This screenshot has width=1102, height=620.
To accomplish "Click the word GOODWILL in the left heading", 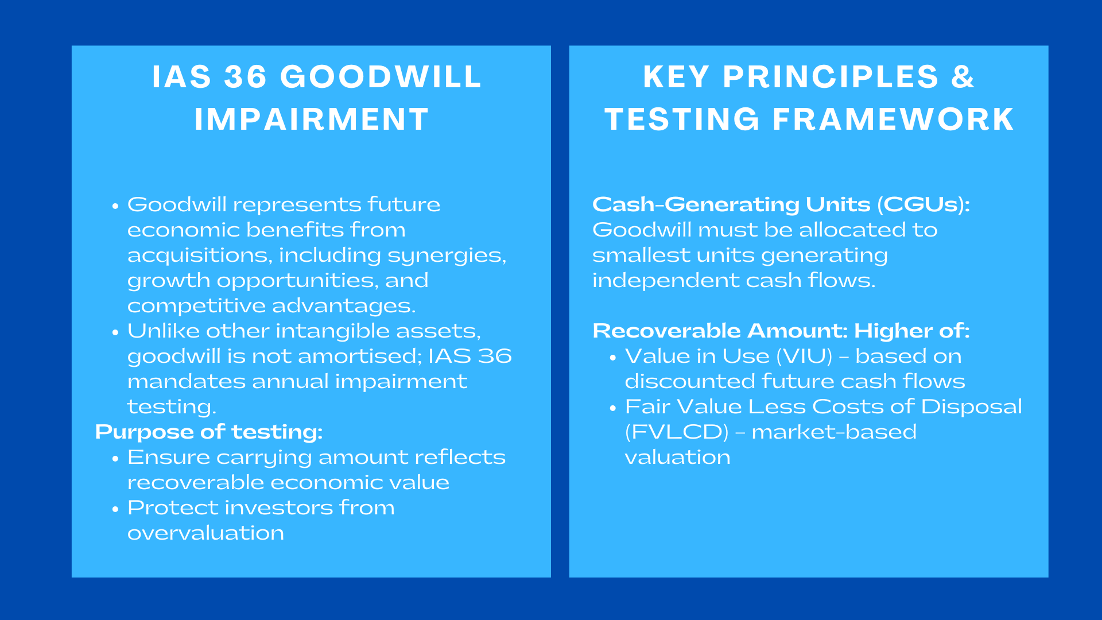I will click(381, 77).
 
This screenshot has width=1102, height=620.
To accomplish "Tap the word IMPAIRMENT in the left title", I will click(312, 119).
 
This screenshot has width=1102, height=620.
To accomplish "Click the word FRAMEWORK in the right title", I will click(893, 119).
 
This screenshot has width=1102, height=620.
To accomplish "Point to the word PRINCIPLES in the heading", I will click(831, 77).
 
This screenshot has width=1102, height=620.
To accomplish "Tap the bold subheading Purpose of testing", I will click(209, 432).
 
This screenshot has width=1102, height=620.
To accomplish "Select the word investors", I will click(275, 507).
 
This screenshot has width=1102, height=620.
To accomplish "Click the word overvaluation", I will click(205, 533).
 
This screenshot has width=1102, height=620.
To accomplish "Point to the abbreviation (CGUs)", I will click(923, 204).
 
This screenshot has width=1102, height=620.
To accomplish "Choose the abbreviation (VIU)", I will click(804, 356).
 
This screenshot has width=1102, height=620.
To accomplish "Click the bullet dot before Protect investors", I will click(116, 509).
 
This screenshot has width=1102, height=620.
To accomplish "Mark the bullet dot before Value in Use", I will click(613, 357).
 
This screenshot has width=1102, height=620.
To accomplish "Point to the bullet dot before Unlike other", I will click(116, 332).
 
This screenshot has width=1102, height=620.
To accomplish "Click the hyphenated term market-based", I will click(834, 432).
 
